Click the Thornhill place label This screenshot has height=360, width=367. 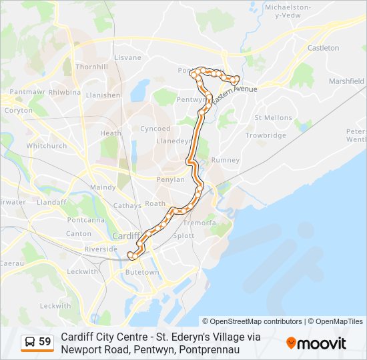pos(92,67)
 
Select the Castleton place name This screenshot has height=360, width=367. pos(324,48)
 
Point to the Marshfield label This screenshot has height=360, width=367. pos(346,81)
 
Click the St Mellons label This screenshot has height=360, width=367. pos(274,118)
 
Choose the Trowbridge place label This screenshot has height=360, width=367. pos(266,135)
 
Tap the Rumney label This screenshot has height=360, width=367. pos(225,160)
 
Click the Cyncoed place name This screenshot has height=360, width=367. pos(155,129)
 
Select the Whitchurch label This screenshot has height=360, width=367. pos(46,145)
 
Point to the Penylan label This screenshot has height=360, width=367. pos(170,180)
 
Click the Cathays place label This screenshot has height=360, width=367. pos(127,206)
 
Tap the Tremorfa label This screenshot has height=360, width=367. pos(200,223)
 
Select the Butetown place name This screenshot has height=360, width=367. pos(141,272)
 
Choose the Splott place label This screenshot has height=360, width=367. pos(183,236)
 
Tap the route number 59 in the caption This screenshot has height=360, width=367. pos(45,342)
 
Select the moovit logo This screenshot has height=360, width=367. pos(316,343)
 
